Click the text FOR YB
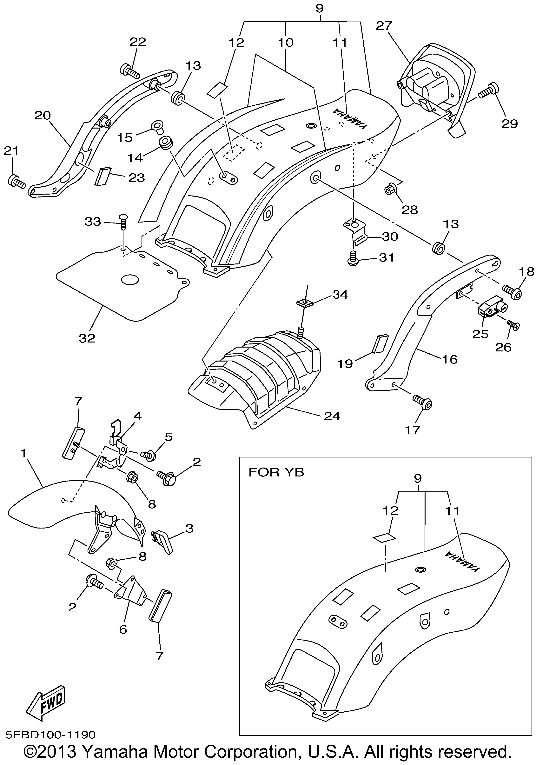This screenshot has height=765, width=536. (276, 472)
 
